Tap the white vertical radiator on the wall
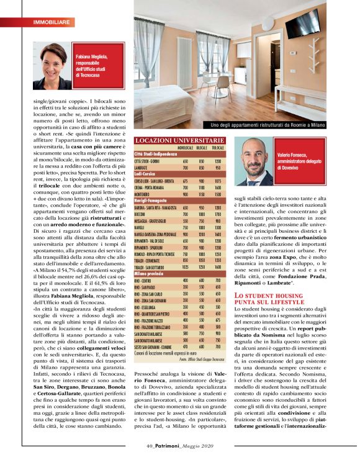point(184,59)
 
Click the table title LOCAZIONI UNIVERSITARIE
point(181,141)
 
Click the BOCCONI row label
point(143,213)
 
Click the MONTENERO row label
point(146,194)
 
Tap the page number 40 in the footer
point(150,445)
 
